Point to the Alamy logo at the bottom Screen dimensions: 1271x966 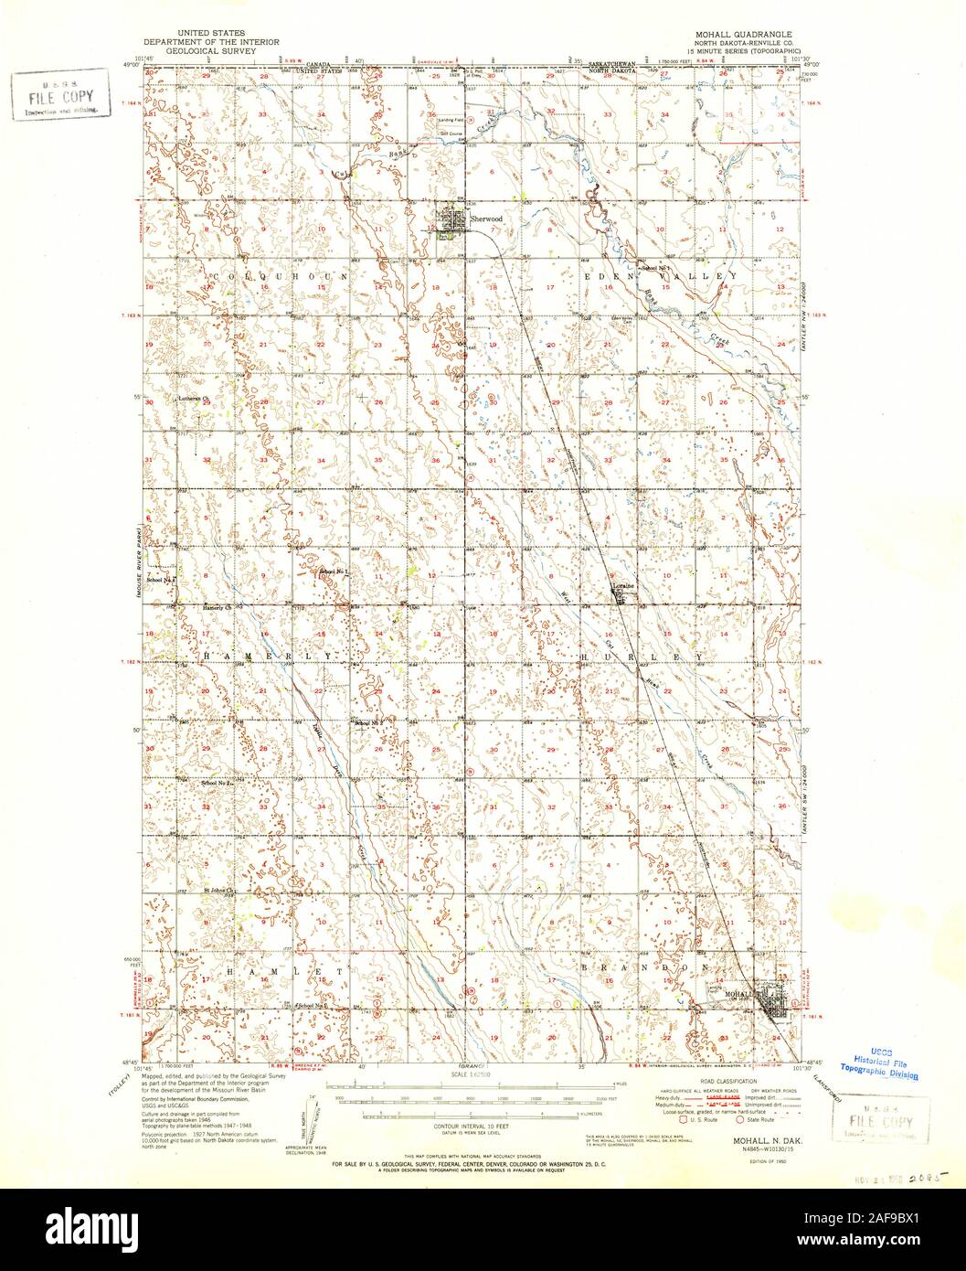click(483, 1230)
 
